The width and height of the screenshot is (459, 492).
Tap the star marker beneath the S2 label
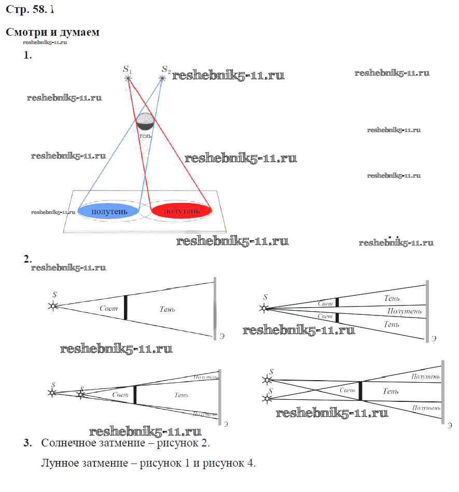click(x=162, y=78)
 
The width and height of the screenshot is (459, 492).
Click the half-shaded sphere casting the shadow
click(x=145, y=121)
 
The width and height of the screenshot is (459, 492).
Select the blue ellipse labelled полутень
click(x=107, y=211)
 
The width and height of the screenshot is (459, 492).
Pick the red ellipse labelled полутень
click(x=181, y=210)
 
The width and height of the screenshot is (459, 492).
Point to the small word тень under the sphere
click(x=146, y=135)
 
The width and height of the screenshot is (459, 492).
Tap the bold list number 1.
click(x=27, y=55)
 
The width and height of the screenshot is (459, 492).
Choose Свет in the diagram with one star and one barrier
click(x=108, y=309)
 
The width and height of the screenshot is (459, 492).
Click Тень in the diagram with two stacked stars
click(x=391, y=392)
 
